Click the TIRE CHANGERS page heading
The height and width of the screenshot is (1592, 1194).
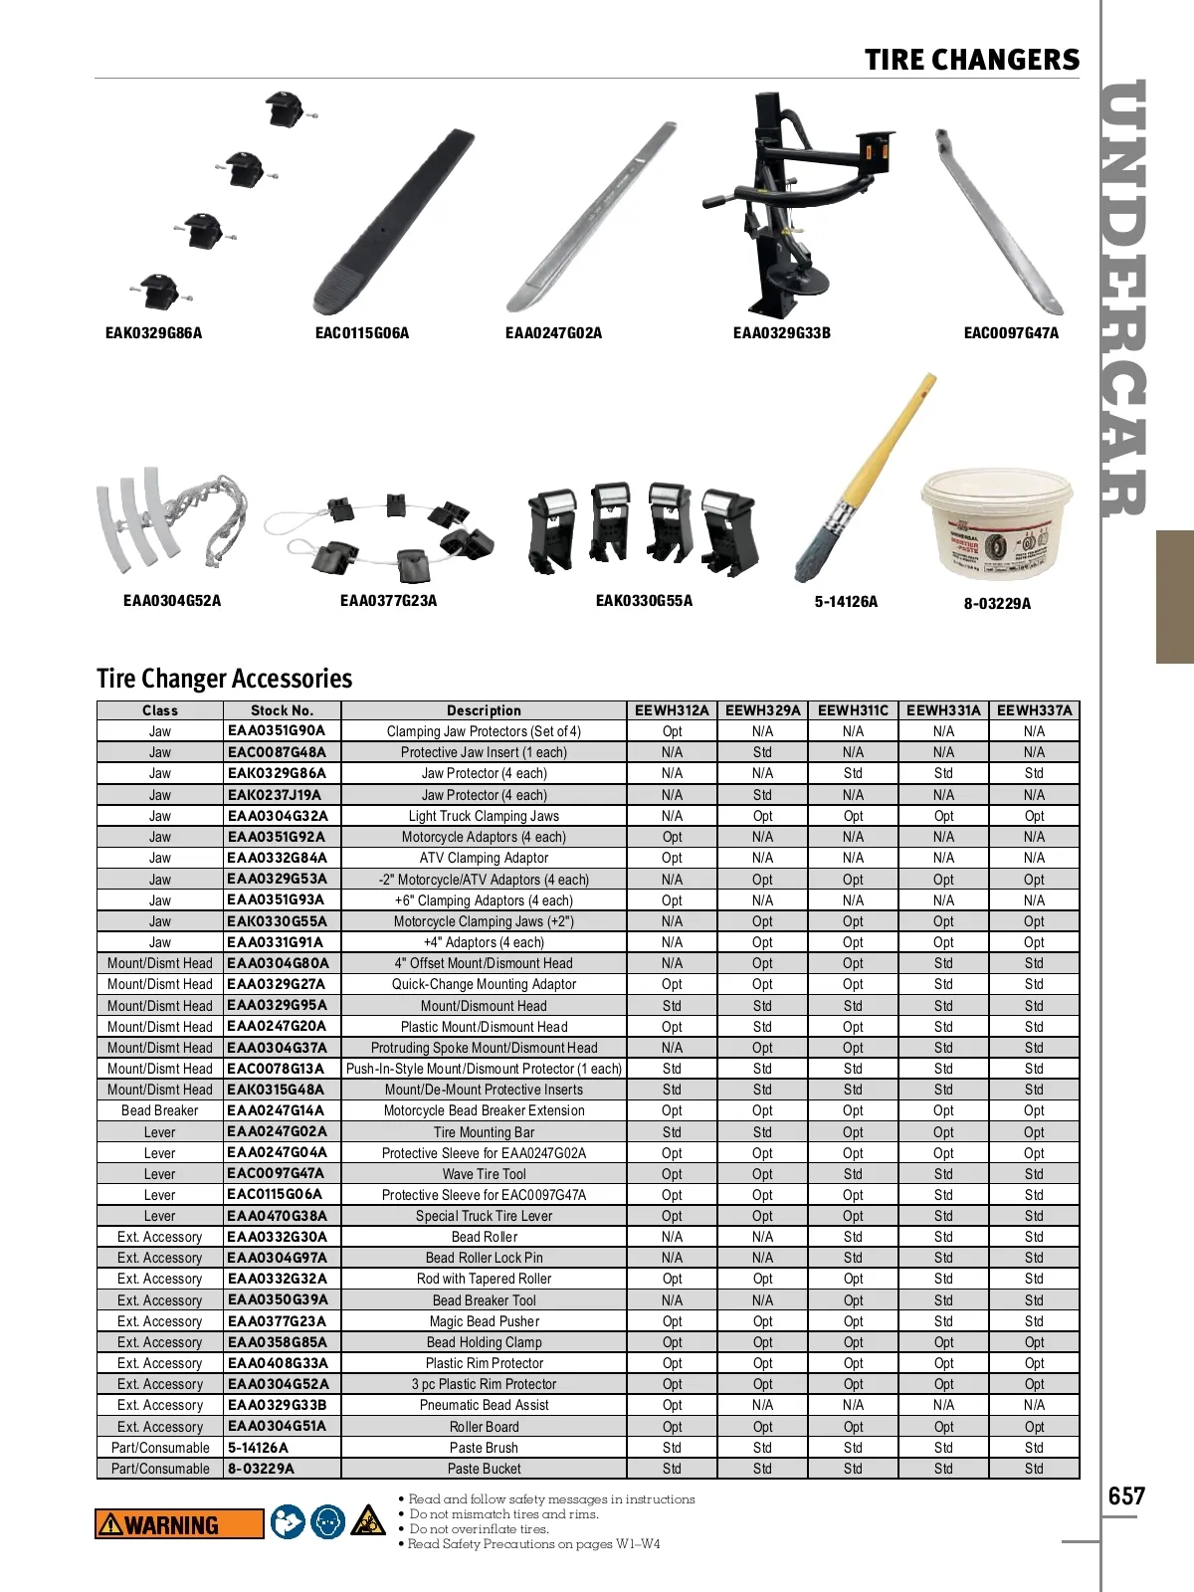click(971, 60)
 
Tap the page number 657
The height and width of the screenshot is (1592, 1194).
click(1126, 1496)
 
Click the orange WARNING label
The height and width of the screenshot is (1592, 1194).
click(179, 1524)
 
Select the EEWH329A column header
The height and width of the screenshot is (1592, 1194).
click(762, 710)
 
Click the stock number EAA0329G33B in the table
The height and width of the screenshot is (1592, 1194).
click(278, 1405)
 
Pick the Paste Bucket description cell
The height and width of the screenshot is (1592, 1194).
click(484, 1469)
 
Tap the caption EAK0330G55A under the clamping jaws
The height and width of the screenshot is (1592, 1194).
click(644, 601)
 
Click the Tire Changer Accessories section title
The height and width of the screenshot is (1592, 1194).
click(224, 679)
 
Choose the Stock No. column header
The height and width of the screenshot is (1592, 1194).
click(282, 710)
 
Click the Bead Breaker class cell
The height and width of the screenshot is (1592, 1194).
click(159, 1110)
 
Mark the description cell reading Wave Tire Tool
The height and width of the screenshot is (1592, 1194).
click(484, 1174)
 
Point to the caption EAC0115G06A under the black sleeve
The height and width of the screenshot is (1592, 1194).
click(362, 333)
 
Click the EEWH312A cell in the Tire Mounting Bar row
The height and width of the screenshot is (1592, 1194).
click(672, 1132)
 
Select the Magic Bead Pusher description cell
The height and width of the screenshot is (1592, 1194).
click(484, 1321)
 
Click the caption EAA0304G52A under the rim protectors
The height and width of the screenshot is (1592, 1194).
click(172, 601)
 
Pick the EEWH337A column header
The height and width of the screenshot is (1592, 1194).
click(1034, 710)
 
